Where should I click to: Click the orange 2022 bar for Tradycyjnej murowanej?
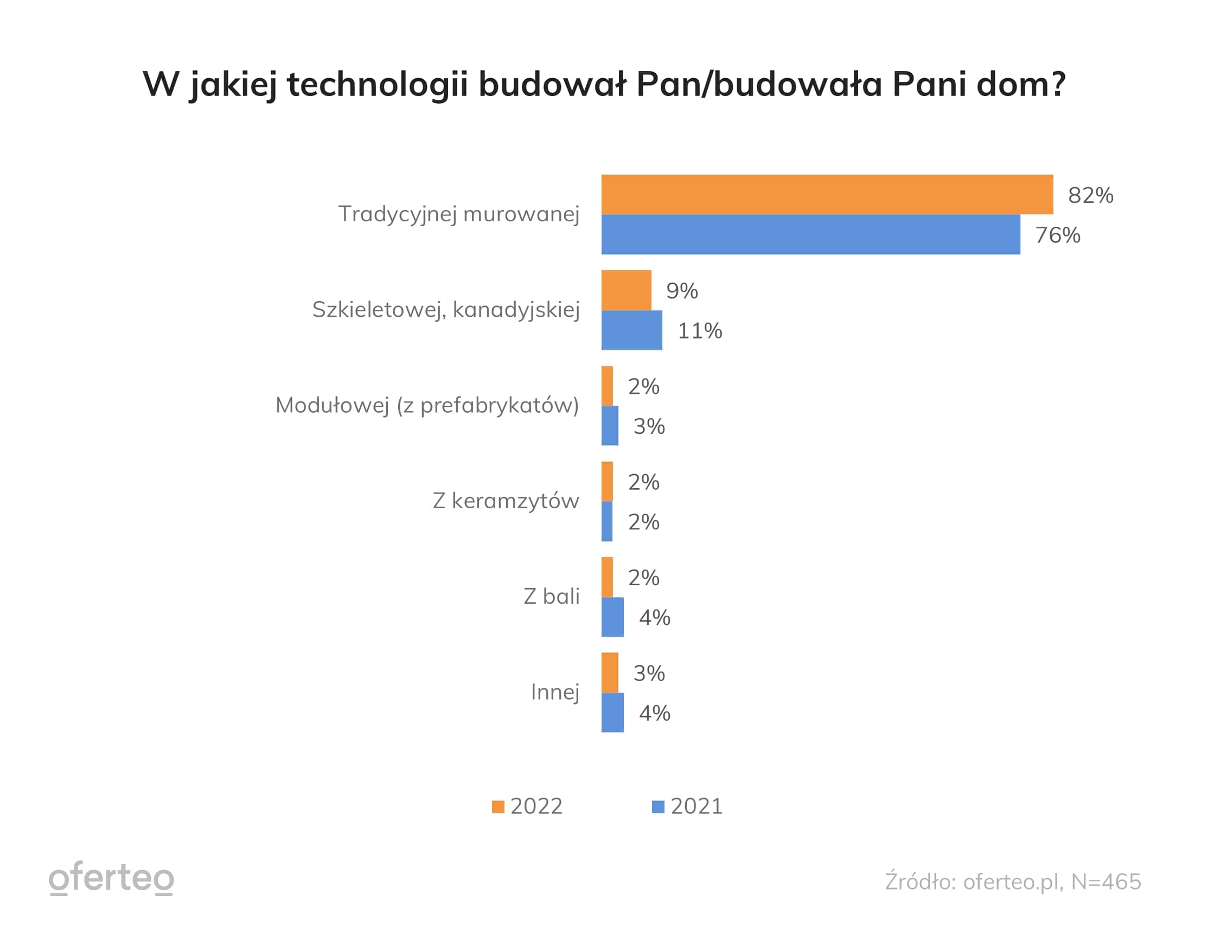(x=827, y=195)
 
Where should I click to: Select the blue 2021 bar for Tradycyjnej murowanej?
(x=810, y=234)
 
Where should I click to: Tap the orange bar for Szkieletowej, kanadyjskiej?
(x=626, y=290)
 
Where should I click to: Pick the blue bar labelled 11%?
(x=631, y=330)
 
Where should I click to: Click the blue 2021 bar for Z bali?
(x=612, y=617)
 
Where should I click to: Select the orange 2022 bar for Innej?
(x=610, y=673)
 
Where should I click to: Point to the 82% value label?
(x=1090, y=195)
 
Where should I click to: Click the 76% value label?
(x=1058, y=235)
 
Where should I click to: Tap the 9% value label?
(x=681, y=291)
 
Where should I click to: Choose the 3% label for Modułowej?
(x=649, y=426)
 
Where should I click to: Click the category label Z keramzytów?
(x=506, y=501)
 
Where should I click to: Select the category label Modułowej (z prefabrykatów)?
(x=427, y=405)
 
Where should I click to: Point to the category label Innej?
(x=555, y=692)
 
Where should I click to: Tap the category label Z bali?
(x=552, y=597)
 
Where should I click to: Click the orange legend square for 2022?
(x=498, y=807)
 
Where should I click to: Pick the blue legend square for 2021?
(x=657, y=807)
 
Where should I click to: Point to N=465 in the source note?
(x=1105, y=882)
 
